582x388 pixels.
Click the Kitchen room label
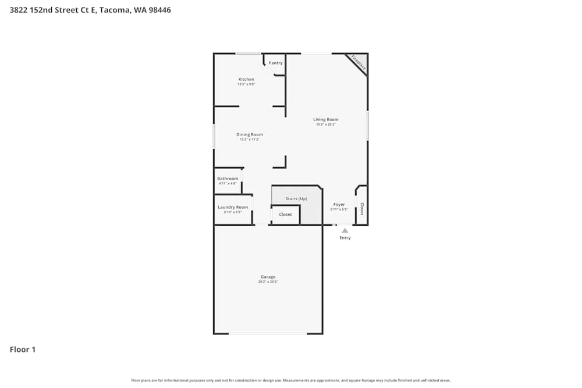pos(246,79)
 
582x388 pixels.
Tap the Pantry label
pos(275,63)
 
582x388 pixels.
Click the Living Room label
pos(325,119)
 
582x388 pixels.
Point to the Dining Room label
pos(249,134)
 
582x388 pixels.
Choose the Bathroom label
pos(228,179)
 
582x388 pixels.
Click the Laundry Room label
pos(233,207)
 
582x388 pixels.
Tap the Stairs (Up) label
pos(296,198)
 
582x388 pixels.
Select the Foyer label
pos(339,204)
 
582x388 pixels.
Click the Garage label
pos(268,277)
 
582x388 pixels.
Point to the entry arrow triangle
pos(345,230)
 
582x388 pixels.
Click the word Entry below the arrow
pos(345,238)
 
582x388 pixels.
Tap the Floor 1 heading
pos(23,350)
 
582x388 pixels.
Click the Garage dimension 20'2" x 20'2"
pos(268,282)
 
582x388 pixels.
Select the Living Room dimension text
pos(325,124)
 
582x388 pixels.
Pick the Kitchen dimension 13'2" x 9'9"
pos(246,84)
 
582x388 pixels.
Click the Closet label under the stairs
pos(285,215)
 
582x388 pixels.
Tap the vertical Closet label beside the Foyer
pos(361,209)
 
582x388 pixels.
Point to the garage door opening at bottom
pos(268,333)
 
